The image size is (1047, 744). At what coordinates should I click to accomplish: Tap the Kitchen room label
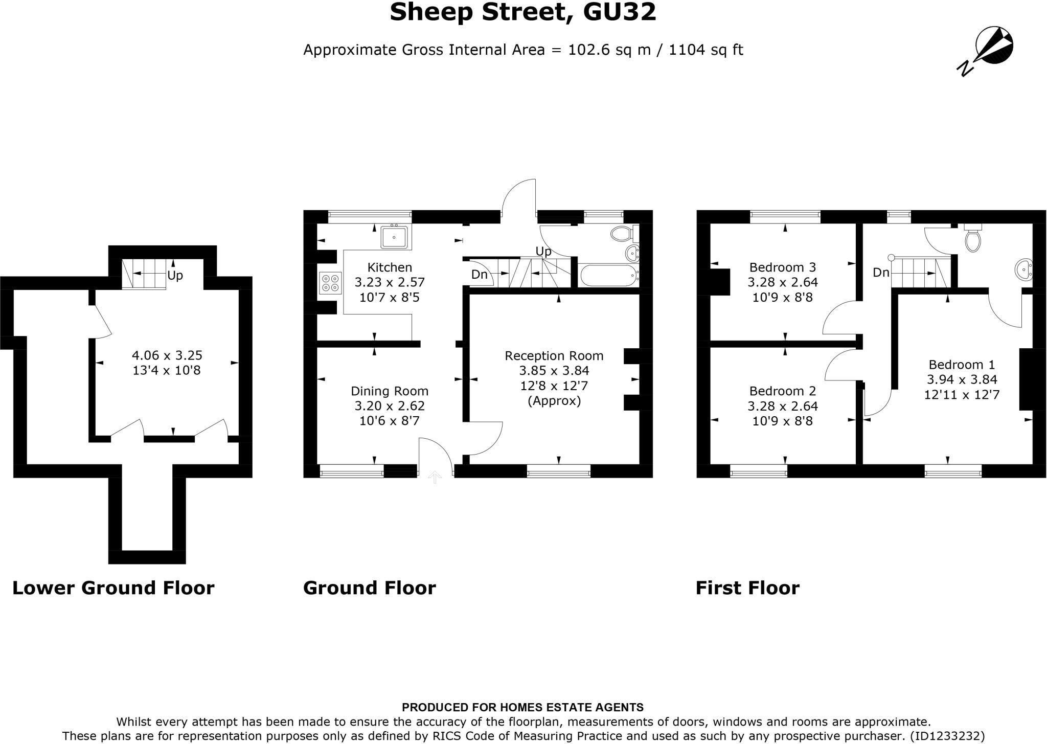[390, 267]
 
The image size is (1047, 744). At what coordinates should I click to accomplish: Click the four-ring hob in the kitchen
[330, 283]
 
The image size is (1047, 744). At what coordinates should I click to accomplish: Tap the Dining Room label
[390, 391]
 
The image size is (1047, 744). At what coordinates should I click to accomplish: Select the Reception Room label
[554, 356]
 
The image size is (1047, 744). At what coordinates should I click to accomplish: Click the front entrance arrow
[435, 477]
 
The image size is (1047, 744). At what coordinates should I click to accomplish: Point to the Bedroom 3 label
[782, 267]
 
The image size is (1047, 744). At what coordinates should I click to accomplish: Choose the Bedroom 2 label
[782, 391]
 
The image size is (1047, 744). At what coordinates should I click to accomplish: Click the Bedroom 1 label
[962, 365]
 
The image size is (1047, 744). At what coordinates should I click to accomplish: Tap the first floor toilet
[972, 238]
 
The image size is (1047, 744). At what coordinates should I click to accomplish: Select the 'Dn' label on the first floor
[881, 273]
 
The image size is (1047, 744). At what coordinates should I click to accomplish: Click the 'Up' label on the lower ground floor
[175, 276]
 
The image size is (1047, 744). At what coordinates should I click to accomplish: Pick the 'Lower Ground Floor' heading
[113, 588]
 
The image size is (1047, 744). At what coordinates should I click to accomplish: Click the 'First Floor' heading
[747, 588]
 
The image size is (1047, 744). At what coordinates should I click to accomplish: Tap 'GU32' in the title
[620, 12]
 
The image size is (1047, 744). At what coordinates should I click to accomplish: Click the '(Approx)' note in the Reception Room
[554, 400]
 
